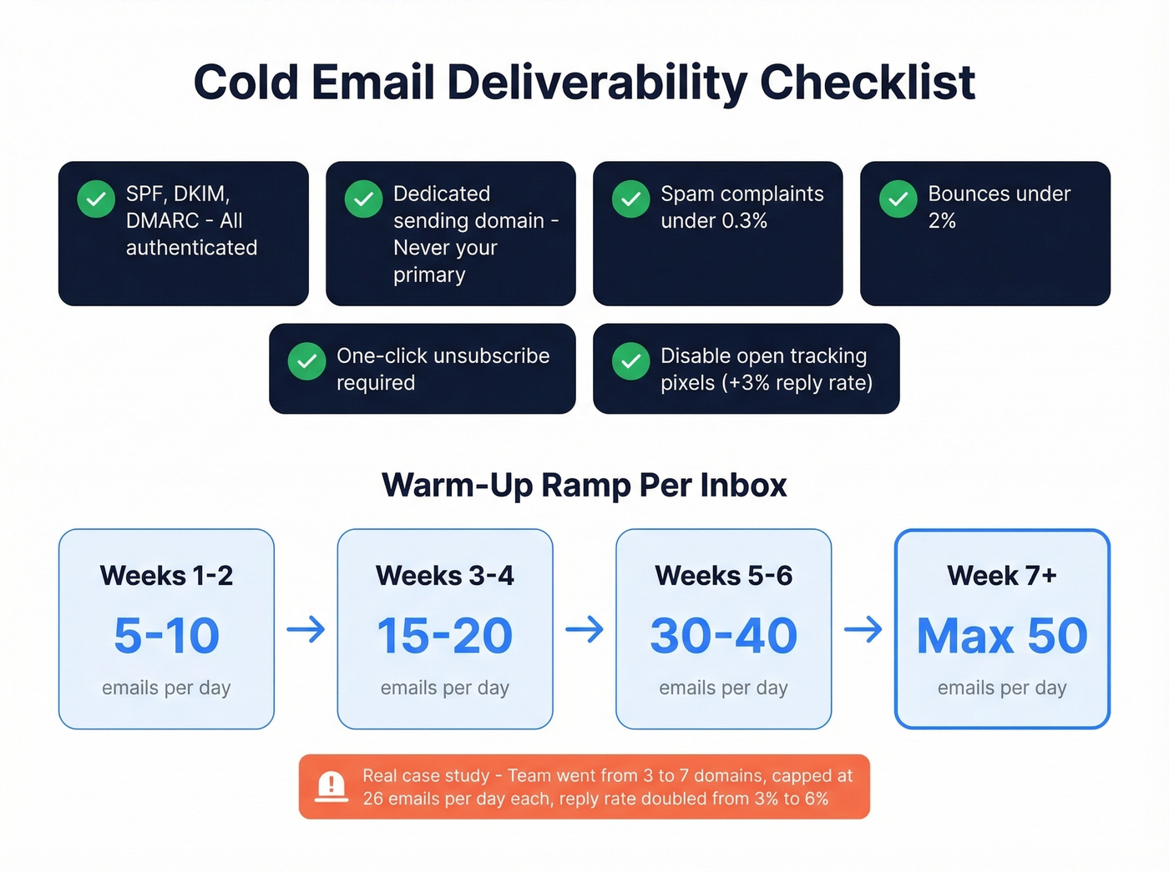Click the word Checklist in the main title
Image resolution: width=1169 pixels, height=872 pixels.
(x=867, y=83)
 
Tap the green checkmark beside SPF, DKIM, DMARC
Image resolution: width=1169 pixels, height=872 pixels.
(x=96, y=199)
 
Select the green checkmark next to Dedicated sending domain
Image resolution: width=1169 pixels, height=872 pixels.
(x=363, y=199)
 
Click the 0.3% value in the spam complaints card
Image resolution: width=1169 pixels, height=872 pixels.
(x=741, y=221)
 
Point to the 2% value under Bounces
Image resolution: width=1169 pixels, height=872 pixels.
(x=941, y=221)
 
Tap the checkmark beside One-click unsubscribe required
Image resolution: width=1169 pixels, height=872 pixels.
(x=306, y=361)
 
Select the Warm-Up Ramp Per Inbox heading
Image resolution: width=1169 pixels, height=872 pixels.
(x=584, y=485)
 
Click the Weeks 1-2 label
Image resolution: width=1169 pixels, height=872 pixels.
(x=166, y=576)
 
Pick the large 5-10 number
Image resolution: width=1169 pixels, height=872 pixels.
(x=166, y=636)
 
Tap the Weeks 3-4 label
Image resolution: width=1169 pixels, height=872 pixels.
(x=444, y=576)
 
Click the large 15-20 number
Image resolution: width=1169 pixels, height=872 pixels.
(x=444, y=636)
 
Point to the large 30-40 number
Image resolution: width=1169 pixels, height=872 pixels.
(x=723, y=636)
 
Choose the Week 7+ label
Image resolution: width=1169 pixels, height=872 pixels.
(x=1001, y=576)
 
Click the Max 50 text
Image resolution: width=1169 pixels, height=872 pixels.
(x=1001, y=636)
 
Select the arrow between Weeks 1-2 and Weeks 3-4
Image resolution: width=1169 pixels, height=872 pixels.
(x=306, y=629)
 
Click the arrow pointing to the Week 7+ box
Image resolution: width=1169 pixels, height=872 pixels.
(x=863, y=629)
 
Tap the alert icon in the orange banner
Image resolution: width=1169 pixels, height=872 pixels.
(x=331, y=786)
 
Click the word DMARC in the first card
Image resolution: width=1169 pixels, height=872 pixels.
(x=163, y=221)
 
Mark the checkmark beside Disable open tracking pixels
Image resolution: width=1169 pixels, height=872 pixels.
(x=630, y=361)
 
